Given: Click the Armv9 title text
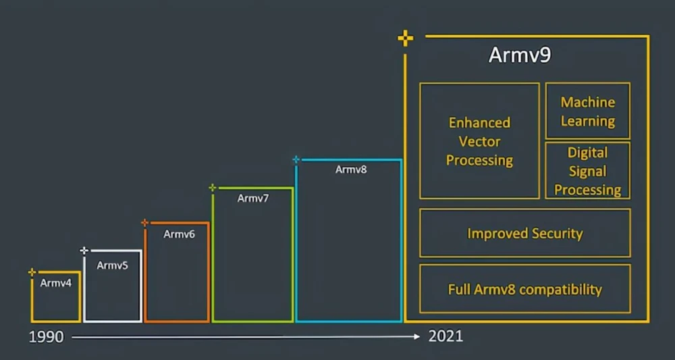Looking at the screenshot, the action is [x=519, y=55].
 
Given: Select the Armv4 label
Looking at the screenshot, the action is [x=55, y=283].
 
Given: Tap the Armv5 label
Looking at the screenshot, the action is [x=112, y=265].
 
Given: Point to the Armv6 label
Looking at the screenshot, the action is [x=179, y=234].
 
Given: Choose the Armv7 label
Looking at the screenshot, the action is [x=253, y=199].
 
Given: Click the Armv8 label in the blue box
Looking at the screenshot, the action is [x=351, y=170].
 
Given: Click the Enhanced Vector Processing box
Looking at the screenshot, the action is [x=479, y=141].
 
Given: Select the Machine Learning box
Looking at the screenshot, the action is [x=587, y=111].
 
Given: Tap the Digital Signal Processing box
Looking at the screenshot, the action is [x=587, y=171].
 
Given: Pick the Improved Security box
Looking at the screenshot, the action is [x=524, y=234].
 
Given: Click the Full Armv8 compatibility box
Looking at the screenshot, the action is [x=524, y=289].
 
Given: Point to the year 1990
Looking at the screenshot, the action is [x=46, y=337].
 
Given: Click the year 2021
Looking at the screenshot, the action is [x=446, y=336].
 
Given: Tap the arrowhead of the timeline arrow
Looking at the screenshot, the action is [x=417, y=336].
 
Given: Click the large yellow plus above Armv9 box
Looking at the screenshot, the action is [x=405, y=38].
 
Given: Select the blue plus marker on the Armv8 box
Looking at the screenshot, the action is [x=296, y=160].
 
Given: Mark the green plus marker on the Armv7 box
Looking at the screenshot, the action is [x=213, y=188].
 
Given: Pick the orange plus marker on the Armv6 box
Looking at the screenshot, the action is [x=144, y=222].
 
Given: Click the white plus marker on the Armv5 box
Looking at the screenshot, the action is [x=84, y=251].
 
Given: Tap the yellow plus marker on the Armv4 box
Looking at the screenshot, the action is [x=32, y=272].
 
